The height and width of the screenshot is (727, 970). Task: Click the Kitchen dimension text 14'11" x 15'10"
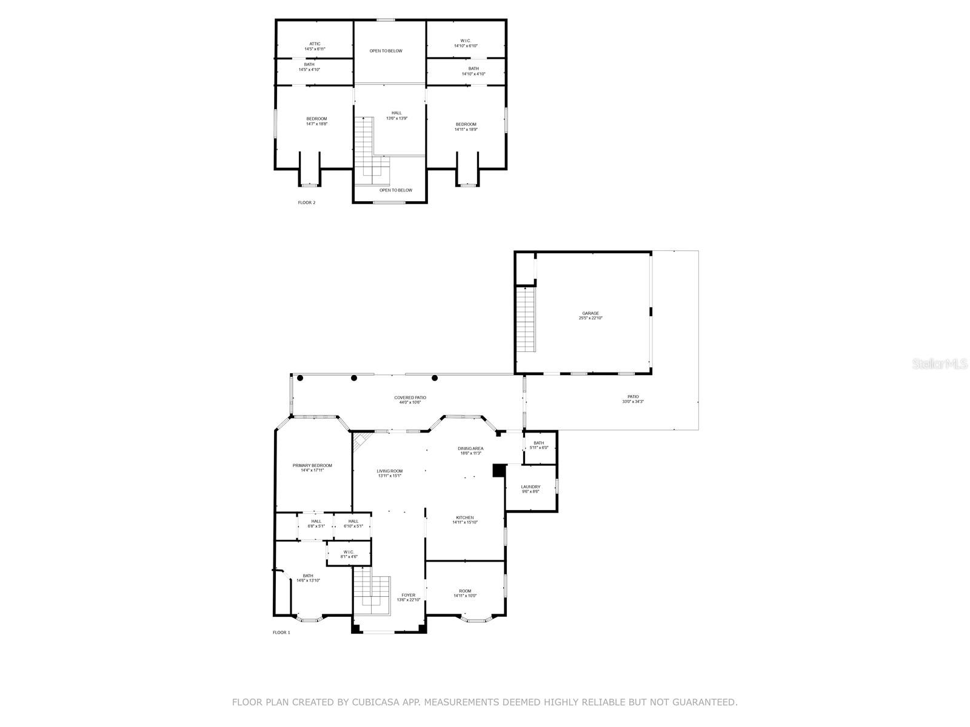tap(465, 522)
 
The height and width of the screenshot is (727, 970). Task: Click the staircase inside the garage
tap(526, 319)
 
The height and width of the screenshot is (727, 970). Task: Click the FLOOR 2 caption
tap(307, 202)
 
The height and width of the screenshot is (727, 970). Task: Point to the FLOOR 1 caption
tap(281, 632)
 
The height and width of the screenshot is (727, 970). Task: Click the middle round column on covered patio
tap(354, 378)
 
